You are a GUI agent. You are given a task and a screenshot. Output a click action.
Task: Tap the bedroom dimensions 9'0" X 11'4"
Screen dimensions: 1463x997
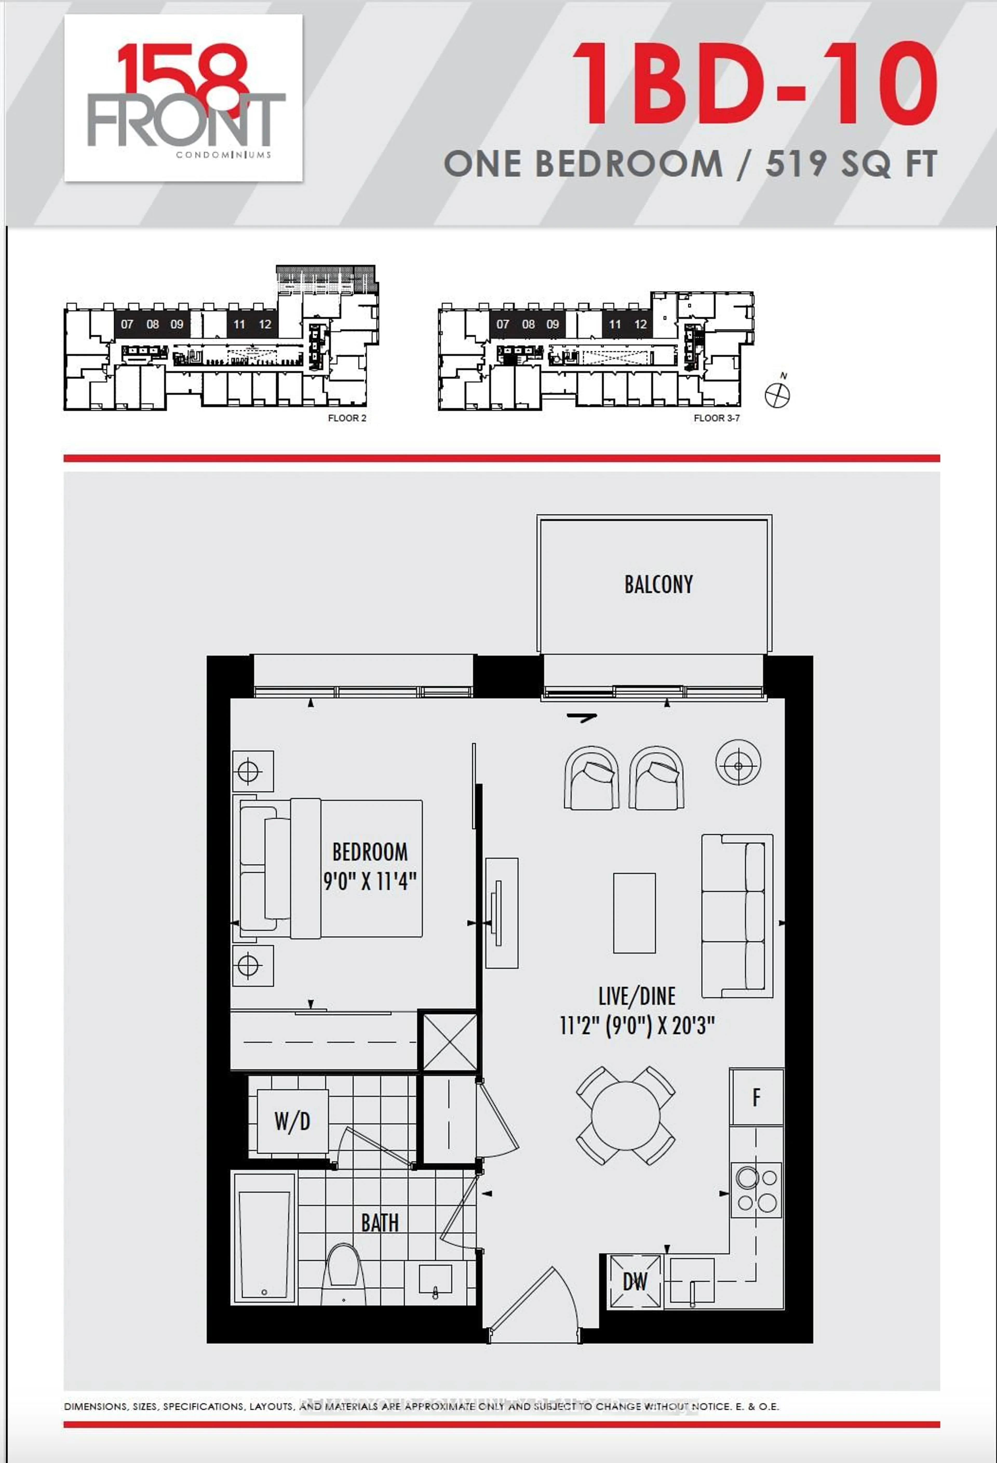coord(370,881)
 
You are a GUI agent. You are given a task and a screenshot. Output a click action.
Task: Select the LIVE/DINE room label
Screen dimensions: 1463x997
coord(637,996)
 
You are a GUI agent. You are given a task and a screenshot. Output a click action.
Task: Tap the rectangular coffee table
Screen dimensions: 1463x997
coord(634,913)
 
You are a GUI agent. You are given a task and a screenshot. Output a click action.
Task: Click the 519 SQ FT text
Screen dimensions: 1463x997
coord(851,164)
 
